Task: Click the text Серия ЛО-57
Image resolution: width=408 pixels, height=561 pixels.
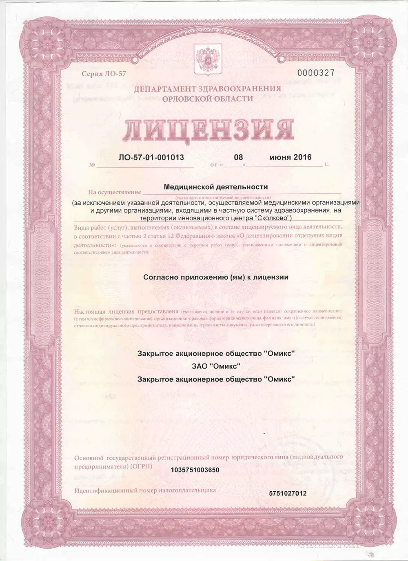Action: click(98, 74)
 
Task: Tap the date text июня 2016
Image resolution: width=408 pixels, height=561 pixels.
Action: click(290, 157)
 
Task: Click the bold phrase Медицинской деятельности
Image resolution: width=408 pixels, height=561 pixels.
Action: click(215, 187)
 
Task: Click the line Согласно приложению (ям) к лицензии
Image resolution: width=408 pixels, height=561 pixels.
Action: click(216, 277)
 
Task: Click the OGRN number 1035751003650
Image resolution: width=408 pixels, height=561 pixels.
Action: click(195, 470)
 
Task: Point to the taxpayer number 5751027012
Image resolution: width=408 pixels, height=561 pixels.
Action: click(288, 493)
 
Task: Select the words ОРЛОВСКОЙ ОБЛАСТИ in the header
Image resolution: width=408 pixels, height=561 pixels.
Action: click(207, 98)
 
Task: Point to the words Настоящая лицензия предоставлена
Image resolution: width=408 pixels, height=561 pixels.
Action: click(127, 312)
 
